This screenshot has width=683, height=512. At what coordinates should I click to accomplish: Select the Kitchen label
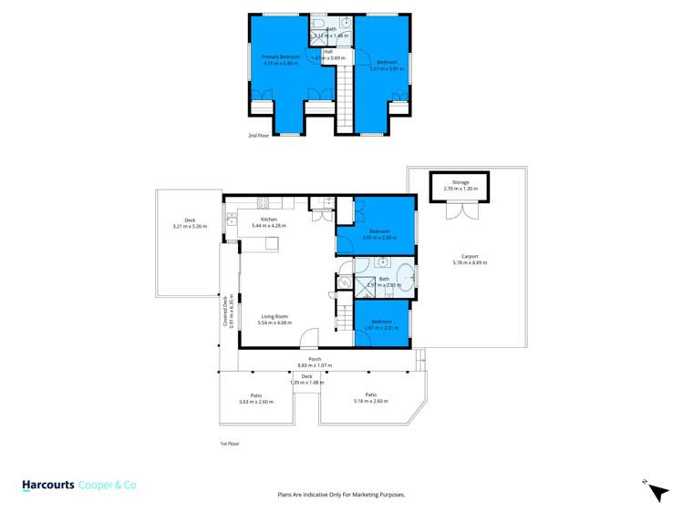point(269,220)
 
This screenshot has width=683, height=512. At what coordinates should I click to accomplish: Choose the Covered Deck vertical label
point(225,311)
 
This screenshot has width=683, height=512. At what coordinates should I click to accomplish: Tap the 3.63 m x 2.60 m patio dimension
point(256,402)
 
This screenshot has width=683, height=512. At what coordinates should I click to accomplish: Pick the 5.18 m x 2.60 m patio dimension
point(371,401)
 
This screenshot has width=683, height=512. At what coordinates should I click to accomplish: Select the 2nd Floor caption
point(258,136)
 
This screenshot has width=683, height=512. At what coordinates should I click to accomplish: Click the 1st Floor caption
point(230,444)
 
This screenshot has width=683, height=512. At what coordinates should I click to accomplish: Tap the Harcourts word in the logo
point(49,486)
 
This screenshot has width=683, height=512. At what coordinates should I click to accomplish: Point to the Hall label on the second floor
point(327,52)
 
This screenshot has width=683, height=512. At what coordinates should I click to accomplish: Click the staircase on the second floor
point(346,96)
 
